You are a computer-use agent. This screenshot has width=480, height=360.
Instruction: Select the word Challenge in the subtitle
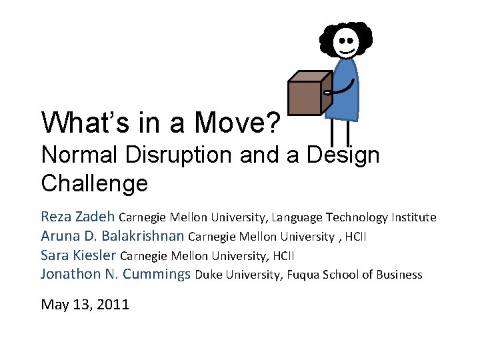click(x=94, y=182)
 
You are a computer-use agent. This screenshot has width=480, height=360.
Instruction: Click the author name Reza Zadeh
click(x=78, y=217)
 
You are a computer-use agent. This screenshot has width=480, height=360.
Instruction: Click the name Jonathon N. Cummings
click(x=116, y=274)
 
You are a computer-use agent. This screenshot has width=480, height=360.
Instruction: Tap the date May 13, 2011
click(x=85, y=305)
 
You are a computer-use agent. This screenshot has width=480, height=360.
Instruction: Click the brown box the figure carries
click(x=307, y=94)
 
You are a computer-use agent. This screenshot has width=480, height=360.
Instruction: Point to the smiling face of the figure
click(x=347, y=41)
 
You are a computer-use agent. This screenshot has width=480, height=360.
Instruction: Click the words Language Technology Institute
click(x=381, y=217)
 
